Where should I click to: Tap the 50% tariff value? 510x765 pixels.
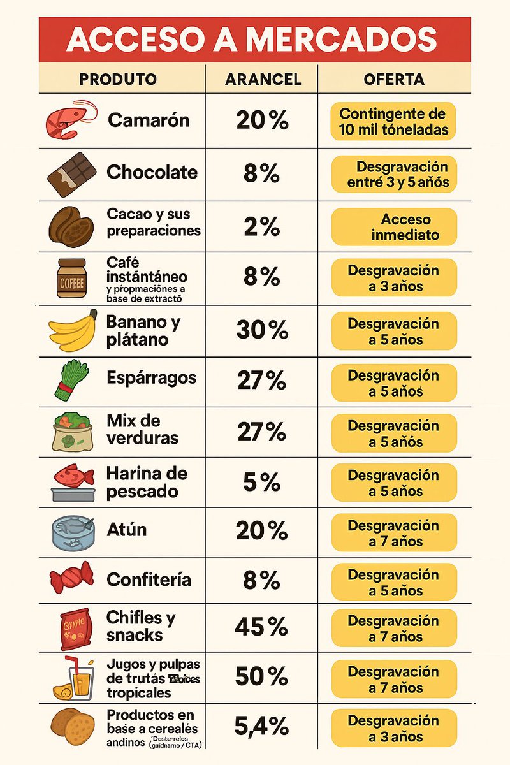pyautogui.click(x=261, y=677)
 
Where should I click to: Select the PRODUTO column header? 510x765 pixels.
pyautogui.click(x=118, y=79)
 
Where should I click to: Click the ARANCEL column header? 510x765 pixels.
pyautogui.click(x=263, y=79)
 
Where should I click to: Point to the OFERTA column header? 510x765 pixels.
pyautogui.click(x=394, y=79)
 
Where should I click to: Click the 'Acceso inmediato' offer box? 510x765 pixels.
pyautogui.click(x=394, y=227)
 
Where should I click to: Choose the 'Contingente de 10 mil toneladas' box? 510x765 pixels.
pyautogui.click(x=394, y=122)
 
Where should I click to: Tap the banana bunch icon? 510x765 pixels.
pyautogui.click(x=71, y=330)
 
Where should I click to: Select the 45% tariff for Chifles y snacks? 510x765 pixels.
pyautogui.click(x=261, y=627)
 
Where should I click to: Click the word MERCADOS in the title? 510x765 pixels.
pyautogui.click(x=341, y=40)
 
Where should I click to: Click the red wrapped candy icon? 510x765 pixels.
pyautogui.click(x=71, y=579)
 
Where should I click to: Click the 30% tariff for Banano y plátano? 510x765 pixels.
pyautogui.click(x=261, y=330)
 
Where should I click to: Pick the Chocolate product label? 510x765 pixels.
pyautogui.click(x=152, y=172)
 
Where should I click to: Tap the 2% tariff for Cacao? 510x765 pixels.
pyautogui.click(x=261, y=226)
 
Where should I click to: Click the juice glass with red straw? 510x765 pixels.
pyautogui.click(x=73, y=678)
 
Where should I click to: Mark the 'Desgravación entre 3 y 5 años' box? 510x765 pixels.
pyautogui.click(x=394, y=175)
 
